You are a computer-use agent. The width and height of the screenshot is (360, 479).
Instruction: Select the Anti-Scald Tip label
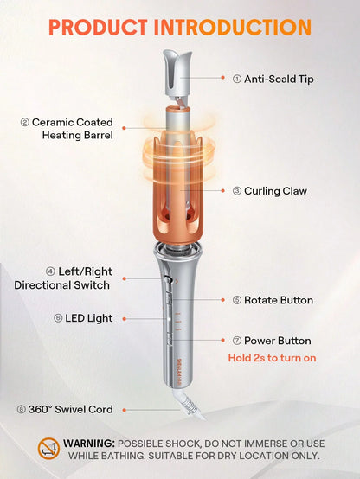tap(278, 79)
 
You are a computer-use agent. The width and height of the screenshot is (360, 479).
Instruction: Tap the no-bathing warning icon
tap(48, 448)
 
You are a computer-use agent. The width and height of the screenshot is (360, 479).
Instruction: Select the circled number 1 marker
tap(237, 79)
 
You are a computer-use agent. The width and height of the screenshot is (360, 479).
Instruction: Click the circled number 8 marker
tap(20, 410)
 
